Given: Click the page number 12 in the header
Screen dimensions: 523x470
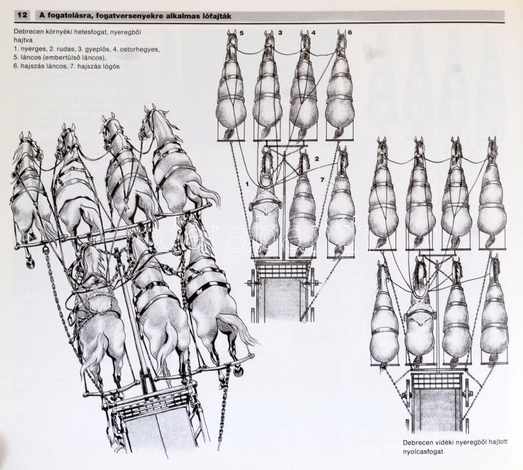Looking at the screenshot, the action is pyautogui.click(x=22, y=15).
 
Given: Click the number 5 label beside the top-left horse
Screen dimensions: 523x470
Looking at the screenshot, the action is pyautogui.click(x=242, y=33).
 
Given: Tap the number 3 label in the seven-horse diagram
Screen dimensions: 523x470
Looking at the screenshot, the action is pyautogui.click(x=280, y=33).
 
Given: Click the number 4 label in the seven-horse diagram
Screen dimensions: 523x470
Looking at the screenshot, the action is pyautogui.click(x=313, y=33).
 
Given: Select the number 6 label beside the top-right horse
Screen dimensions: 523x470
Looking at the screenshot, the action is pyautogui.click(x=350, y=33).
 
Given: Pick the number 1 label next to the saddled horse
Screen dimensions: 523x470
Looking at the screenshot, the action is pyautogui.click(x=247, y=184).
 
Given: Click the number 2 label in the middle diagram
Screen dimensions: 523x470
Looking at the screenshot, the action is pyautogui.click(x=317, y=159).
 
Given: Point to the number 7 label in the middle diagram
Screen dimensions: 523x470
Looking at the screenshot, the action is pyautogui.click(x=322, y=180).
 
